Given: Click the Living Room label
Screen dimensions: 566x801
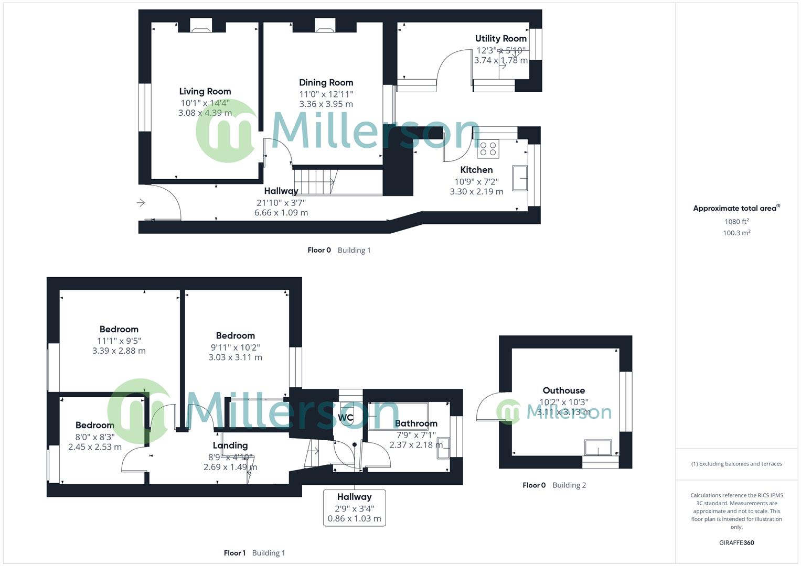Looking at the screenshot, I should (205, 91).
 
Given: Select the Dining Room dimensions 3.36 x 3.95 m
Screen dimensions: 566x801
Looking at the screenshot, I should (326, 104).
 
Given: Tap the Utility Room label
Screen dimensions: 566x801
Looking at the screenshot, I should (500, 38).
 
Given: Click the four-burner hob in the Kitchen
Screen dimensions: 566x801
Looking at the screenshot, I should (488, 149).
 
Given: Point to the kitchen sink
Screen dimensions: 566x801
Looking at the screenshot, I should (520, 178).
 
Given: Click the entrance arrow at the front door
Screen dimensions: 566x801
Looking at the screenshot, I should (141, 202).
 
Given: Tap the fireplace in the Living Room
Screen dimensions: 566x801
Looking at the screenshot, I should (200, 26).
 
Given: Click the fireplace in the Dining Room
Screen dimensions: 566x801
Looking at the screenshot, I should (324, 26).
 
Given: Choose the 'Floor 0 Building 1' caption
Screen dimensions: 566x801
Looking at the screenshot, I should (339, 250).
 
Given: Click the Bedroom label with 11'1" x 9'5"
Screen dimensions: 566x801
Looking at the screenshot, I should (119, 329).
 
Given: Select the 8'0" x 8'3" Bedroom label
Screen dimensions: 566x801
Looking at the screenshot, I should (94, 425).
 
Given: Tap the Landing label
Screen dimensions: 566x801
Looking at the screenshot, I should (230, 445).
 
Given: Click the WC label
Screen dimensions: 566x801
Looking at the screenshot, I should (346, 418).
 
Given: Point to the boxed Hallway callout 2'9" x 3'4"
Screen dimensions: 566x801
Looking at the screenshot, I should (354, 507).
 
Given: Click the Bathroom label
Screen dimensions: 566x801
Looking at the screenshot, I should (416, 423).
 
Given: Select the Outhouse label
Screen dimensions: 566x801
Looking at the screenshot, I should (563, 390).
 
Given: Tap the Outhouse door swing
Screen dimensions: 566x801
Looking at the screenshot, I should (487, 409).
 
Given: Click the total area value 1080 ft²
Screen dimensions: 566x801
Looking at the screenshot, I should (736, 221).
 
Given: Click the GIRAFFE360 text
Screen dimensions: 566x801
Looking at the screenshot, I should (736, 542).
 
